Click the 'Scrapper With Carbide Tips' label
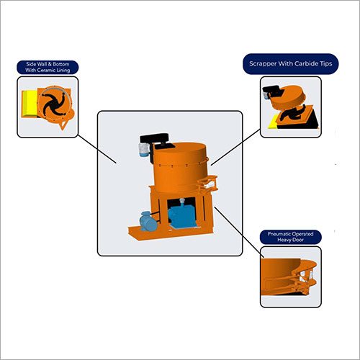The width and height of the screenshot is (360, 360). click(x=291, y=64)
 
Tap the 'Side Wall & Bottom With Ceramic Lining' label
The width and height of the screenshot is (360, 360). click(x=48, y=67)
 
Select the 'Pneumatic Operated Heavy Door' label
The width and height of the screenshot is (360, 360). click(x=291, y=237)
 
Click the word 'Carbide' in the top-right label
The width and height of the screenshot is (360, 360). click(x=306, y=63)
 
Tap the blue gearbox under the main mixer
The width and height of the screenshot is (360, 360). click(x=181, y=215)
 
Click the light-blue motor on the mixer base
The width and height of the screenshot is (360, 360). click(x=149, y=221)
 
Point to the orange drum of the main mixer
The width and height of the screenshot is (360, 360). click(x=181, y=168)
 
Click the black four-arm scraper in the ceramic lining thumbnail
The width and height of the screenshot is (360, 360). click(x=53, y=104)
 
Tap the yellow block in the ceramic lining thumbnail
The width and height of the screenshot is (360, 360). click(x=30, y=104)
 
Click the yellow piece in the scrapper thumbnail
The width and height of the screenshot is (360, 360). click(x=274, y=124)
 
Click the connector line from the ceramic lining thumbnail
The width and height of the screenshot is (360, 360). click(x=97, y=149)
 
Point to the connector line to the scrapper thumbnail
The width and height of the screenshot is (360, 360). click(x=235, y=147)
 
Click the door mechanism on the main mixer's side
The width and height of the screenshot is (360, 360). click(x=207, y=184)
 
